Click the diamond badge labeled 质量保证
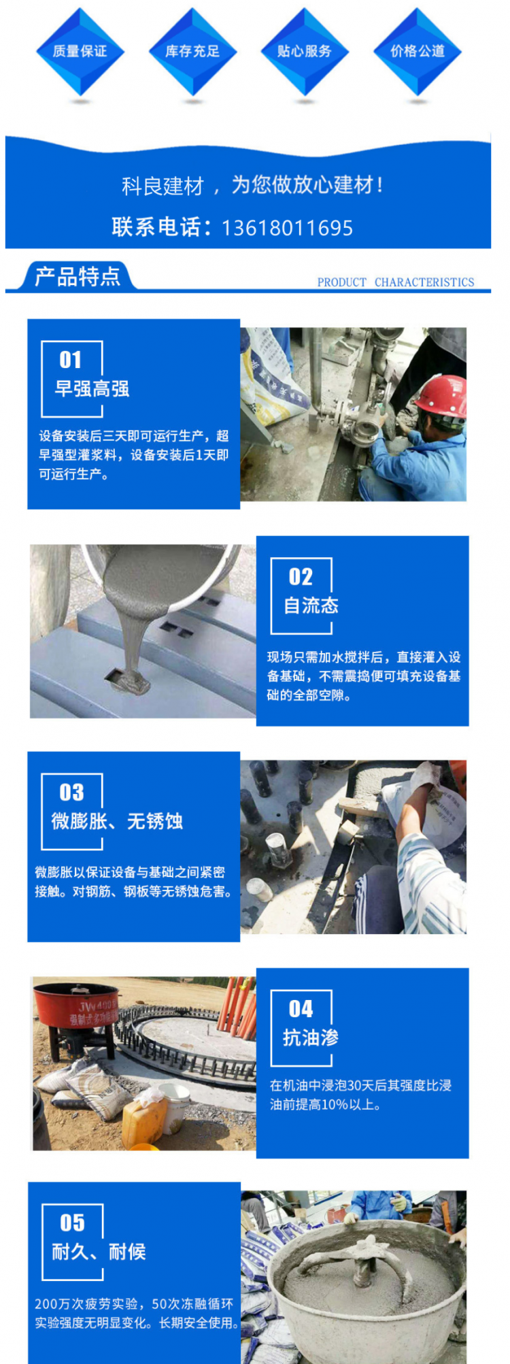point(80,51)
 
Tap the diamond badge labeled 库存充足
point(192,51)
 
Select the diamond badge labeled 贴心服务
point(305,51)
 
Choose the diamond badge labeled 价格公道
point(417,51)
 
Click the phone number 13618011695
point(287,227)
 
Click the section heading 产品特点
point(78,277)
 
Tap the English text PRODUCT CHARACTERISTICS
point(395,282)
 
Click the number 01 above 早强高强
point(71,360)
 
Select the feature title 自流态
point(311,605)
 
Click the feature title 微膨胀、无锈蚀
point(117,821)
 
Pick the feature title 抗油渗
point(311,1037)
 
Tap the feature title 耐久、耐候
point(99,1252)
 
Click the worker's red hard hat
point(443,395)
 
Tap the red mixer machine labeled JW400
point(76,1010)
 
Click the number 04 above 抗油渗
point(301,1009)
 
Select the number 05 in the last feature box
point(72,1223)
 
